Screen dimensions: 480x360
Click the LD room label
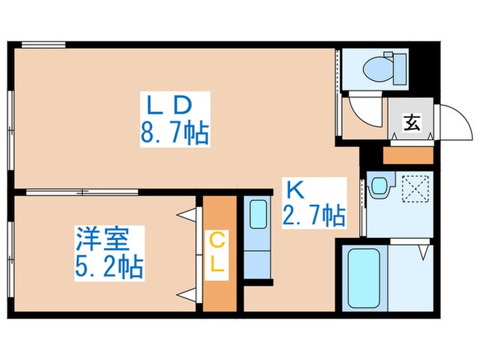pyautogui.click(x=169, y=106)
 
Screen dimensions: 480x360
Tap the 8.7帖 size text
pyautogui.click(x=175, y=133)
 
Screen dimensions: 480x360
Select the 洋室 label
pyautogui.click(x=103, y=239)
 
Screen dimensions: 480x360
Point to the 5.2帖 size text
pyautogui.click(x=109, y=267)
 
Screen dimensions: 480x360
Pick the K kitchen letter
pyautogui.click(x=295, y=190)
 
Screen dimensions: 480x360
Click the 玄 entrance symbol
pyautogui.click(x=411, y=123)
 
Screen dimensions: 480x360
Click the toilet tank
pyautogui.click(x=400, y=69)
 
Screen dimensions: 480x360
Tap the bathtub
pyautogui.click(x=364, y=278)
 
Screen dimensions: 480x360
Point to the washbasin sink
pyautogui.click(x=380, y=186)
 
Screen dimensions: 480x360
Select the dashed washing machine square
pyautogui.click(x=415, y=189)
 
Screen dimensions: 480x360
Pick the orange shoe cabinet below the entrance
pyautogui.click(x=408, y=155)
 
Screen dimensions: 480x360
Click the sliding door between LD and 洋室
pyautogui.click(x=82, y=192)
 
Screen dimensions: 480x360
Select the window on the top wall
pyautogui.click(x=44, y=45)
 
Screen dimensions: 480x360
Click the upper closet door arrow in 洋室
pyautogui.click(x=187, y=215)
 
